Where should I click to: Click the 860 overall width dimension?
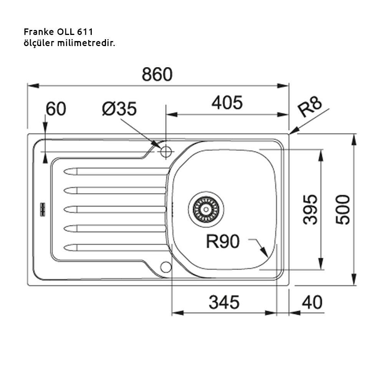tap(157, 74)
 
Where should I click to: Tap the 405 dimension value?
tap(227, 103)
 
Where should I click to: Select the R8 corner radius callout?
tap(310, 108)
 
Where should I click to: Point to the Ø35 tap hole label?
tap(119, 109)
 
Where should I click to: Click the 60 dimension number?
tap(56, 109)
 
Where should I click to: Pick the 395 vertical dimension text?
tap(310, 209)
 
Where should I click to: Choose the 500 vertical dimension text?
tap(343, 209)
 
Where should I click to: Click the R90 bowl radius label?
tap(223, 242)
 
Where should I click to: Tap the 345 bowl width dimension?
tap(224, 303)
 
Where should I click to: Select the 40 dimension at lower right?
tap(312, 303)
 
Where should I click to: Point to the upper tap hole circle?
tap(166, 151)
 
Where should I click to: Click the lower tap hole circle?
tap(166, 267)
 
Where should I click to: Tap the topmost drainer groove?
tap(115, 171)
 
